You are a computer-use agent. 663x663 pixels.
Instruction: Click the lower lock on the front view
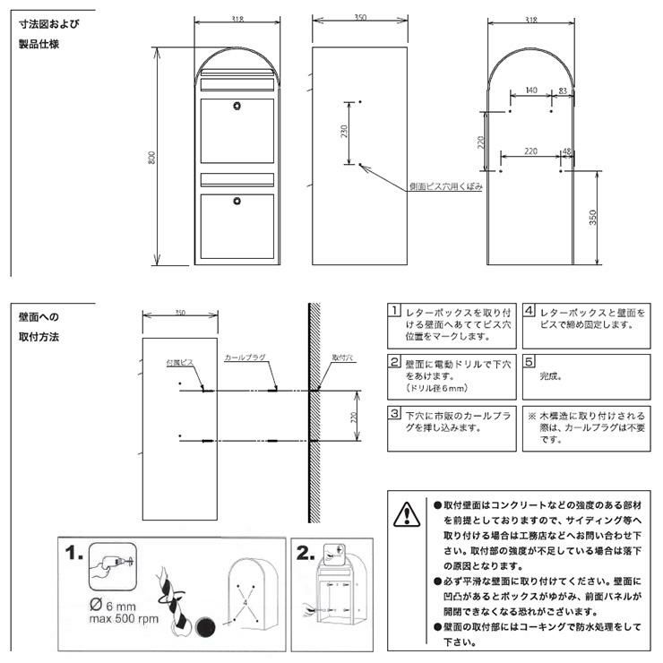point(238,200)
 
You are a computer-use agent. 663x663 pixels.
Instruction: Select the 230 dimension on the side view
point(344,133)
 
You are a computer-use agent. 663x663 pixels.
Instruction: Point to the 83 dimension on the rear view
point(562,90)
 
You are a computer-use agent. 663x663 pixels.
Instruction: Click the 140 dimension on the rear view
point(531,90)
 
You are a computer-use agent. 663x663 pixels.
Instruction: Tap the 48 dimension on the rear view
point(565,151)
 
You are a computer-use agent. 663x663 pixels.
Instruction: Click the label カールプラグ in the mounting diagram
point(243,356)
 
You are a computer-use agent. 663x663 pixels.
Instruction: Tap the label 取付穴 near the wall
point(342,357)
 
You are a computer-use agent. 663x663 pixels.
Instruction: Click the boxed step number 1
point(393,312)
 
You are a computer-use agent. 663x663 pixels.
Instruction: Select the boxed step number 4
point(530,312)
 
